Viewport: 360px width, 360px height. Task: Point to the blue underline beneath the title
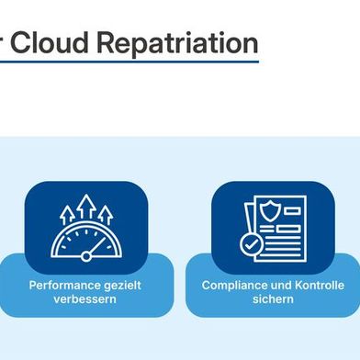tap(129, 62)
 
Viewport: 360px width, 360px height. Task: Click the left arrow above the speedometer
tap(67, 214)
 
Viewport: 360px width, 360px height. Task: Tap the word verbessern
tap(85, 300)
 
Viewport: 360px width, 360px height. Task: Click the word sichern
tap(273, 300)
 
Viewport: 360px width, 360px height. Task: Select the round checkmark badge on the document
tap(250, 245)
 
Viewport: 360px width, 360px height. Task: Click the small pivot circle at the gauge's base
tap(85, 254)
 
